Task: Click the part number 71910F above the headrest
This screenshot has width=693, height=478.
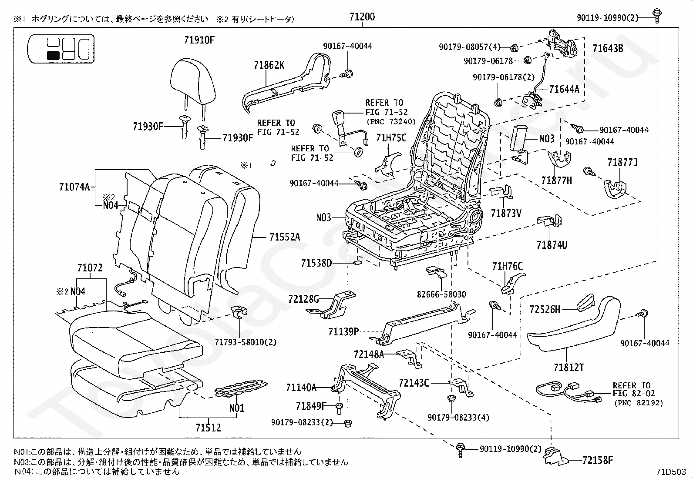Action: coord(199,40)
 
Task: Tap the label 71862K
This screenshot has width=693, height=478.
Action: coord(269,65)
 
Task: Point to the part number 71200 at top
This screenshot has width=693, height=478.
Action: coord(362,17)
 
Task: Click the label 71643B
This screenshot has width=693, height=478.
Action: coord(608,48)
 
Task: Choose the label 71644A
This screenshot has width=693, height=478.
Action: coord(564,90)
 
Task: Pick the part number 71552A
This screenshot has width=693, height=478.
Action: coord(284,237)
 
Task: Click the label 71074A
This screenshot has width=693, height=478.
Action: coord(74,187)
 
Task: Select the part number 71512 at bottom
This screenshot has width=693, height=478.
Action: coord(208,428)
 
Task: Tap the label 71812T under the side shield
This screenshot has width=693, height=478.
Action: coord(569,368)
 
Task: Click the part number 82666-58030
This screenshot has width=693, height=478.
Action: coord(441,294)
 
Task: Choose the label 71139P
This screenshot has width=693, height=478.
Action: coord(343,332)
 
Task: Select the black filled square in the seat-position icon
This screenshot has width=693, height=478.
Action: coord(53,55)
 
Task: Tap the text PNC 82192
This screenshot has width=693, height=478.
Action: coord(639,403)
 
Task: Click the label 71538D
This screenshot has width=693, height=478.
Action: coord(316,263)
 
